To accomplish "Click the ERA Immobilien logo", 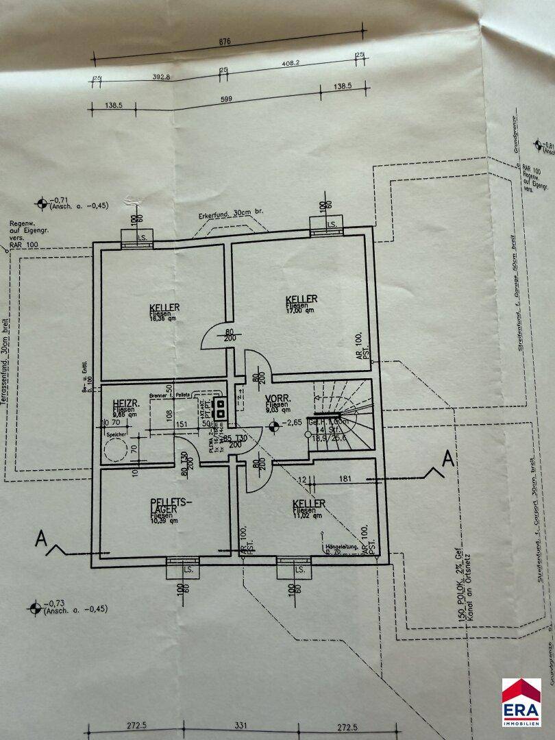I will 521,702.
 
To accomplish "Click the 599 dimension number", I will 225,100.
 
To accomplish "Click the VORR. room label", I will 282,397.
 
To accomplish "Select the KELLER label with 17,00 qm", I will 301,299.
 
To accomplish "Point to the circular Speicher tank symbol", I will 114,450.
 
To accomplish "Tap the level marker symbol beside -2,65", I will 275,428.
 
